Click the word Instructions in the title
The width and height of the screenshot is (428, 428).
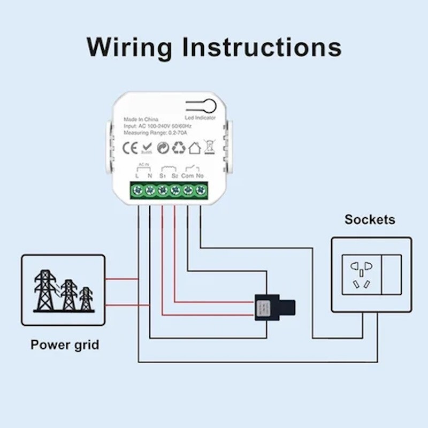(262, 47)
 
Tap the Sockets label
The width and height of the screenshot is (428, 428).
(370, 219)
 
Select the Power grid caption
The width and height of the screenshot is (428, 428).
(65, 345)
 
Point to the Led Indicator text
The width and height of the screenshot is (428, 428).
(200, 118)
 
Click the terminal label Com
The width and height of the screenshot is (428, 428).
(187, 175)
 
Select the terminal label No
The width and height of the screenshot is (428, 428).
(200, 175)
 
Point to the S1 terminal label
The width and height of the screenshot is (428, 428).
(162, 175)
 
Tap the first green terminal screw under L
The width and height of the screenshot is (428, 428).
(137, 190)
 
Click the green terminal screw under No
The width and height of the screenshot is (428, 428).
(201, 190)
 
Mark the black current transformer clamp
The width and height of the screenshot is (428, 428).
(274, 308)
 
